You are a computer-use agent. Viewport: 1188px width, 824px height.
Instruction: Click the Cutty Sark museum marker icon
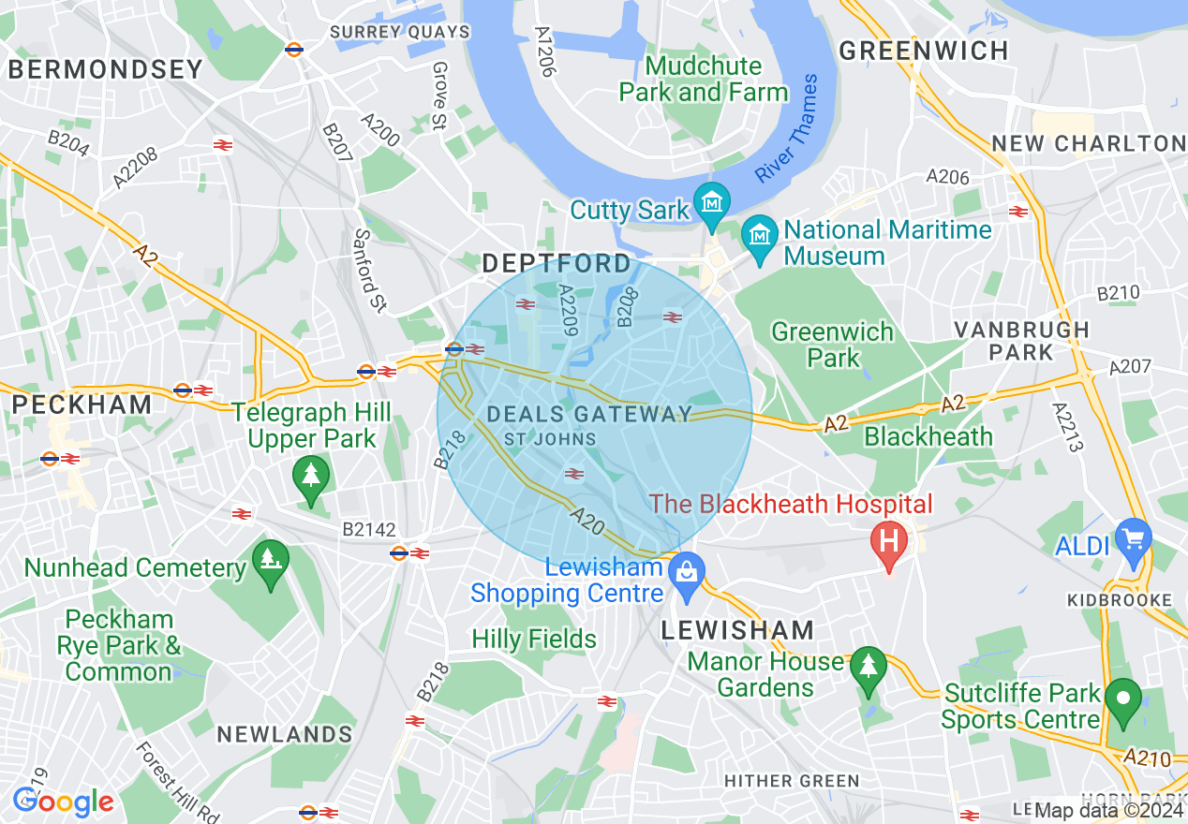(712, 203)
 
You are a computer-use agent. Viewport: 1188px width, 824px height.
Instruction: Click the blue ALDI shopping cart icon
(1135, 540)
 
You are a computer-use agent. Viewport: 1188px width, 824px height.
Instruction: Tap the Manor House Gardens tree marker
(869, 668)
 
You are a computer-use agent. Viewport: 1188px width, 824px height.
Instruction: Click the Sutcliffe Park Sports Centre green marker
(1122, 699)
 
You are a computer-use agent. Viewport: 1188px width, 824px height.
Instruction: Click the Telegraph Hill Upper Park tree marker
(310, 476)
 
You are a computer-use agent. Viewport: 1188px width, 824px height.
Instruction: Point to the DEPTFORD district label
(557, 264)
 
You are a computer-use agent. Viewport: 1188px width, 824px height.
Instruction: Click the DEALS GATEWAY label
(589, 414)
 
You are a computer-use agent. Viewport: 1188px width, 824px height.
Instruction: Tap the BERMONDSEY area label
(105, 69)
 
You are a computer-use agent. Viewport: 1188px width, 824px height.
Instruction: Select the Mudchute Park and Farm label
(703, 80)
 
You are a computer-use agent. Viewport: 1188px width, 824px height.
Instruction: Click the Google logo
(63, 802)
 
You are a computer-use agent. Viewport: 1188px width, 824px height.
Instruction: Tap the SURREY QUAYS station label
(400, 32)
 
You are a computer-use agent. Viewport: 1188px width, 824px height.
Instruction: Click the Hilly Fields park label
(534, 640)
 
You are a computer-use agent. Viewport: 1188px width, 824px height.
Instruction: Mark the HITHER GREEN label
(792, 781)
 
